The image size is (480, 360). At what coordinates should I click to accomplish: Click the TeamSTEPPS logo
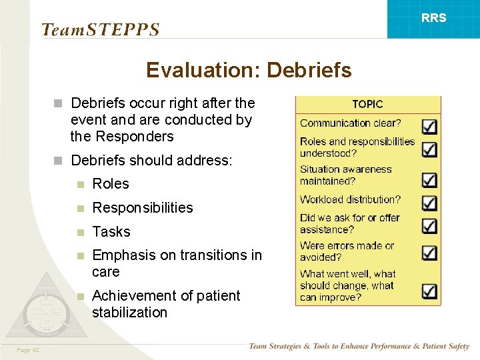(100, 29)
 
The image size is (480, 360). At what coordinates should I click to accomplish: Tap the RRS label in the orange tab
(434, 18)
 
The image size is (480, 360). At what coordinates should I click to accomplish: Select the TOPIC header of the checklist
(367, 104)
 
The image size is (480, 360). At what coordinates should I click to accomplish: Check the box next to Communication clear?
(429, 125)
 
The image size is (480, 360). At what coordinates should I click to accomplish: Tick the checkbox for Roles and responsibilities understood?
(429, 149)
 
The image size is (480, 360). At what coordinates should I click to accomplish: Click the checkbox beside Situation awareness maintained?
(429, 179)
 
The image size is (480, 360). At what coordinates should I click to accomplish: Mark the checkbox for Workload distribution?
(429, 203)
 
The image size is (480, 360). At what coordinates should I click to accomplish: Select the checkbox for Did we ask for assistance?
(429, 226)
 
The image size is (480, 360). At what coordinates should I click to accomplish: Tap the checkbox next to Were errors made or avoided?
(429, 253)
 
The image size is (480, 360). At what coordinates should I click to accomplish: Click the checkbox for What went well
(429, 291)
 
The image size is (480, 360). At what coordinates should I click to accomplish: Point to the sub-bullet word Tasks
(111, 232)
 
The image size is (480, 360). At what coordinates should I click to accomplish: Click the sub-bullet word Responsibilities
(143, 208)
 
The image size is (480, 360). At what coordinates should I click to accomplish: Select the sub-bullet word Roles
(111, 184)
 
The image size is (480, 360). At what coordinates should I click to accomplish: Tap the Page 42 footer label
(29, 350)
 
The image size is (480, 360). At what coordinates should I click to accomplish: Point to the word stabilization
(129, 313)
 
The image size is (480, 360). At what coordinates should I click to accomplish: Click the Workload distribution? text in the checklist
(350, 199)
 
